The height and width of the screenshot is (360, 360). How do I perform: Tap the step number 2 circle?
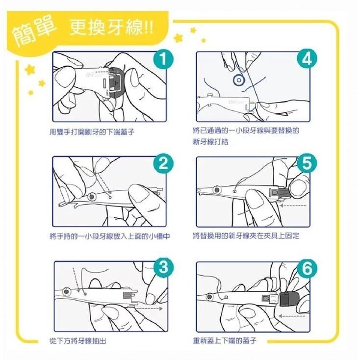click(163, 164)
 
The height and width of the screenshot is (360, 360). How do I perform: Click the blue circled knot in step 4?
click(239, 78)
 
